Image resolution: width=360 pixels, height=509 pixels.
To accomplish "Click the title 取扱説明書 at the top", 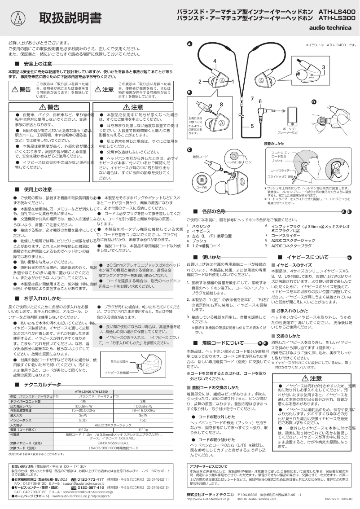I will [x=70, y=18].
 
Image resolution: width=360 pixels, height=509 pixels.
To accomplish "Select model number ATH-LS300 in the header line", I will [x=337, y=18].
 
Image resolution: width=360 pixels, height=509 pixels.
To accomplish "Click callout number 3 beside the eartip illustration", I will [x=323, y=67].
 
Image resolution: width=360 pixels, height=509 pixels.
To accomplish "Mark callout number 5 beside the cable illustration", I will [x=252, y=126].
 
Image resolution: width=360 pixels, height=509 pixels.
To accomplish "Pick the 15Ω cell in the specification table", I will [x=143, y=408].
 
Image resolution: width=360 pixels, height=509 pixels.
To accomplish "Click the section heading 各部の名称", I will [x=214, y=211].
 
